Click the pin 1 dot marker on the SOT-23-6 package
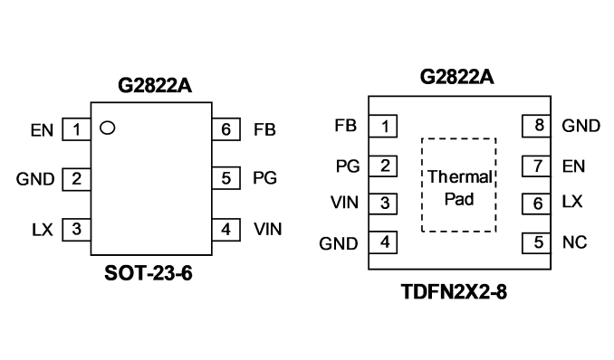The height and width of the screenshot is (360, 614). [x=107, y=128]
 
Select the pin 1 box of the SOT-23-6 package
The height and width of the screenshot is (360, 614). [x=76, y=129]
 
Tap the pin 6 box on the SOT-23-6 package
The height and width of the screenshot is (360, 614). [x=225, y=129]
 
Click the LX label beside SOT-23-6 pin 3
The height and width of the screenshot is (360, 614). [x=43, y=230]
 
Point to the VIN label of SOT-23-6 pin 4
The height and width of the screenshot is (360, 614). [x=268, y=230]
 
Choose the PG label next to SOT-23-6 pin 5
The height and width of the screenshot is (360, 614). [x=265, y=178]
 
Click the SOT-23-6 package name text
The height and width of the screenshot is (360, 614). [x=149, y=273]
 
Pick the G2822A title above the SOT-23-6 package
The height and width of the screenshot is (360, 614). [x=155, y=86]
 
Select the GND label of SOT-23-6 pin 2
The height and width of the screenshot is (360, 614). [x=35, y=179]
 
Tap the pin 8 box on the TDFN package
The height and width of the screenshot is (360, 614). [x=536, y=126]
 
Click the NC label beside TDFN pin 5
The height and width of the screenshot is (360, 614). [x=574, y=242]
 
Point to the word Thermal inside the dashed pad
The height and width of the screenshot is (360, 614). [x=460, y=177]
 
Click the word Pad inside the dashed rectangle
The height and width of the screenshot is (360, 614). [x=459, y=199]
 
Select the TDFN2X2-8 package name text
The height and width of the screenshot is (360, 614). [x=455, y=292]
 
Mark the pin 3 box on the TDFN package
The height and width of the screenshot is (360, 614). [x=383, y=204]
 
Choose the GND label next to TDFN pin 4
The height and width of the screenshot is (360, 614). [x=339, y=244]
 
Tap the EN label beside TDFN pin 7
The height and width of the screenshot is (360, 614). [x=573, y=166]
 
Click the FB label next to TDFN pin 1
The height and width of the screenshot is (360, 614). [x=345, y=126]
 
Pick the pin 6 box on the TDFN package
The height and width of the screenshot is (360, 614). [x=536, y=204]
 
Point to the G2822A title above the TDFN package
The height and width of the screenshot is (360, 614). [x=457, y=77]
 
